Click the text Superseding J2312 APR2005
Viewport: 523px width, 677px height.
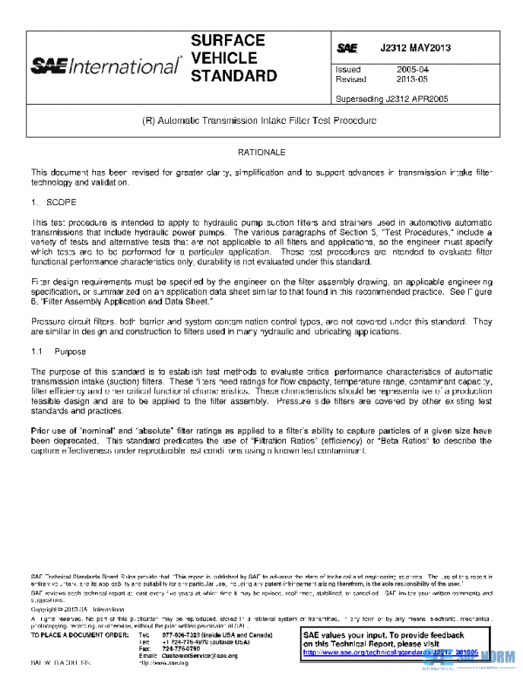click(x=392, y=99)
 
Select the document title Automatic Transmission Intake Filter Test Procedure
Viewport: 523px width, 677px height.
click(x=261, y=122)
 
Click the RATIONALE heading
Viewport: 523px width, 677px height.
click(x=261, y=152)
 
